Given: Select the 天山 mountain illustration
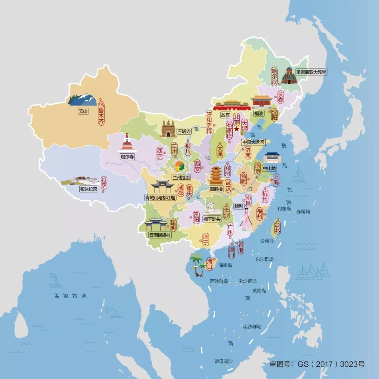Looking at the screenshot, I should (x=83, y=100).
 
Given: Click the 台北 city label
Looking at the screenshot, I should (x=277, y=227).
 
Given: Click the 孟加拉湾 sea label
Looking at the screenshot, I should (x=70, y=296).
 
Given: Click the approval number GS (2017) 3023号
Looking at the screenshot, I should (x=317, y=364).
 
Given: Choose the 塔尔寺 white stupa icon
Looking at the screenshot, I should (x=126, y=143).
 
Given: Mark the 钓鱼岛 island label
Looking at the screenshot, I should (x=284, y=208).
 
